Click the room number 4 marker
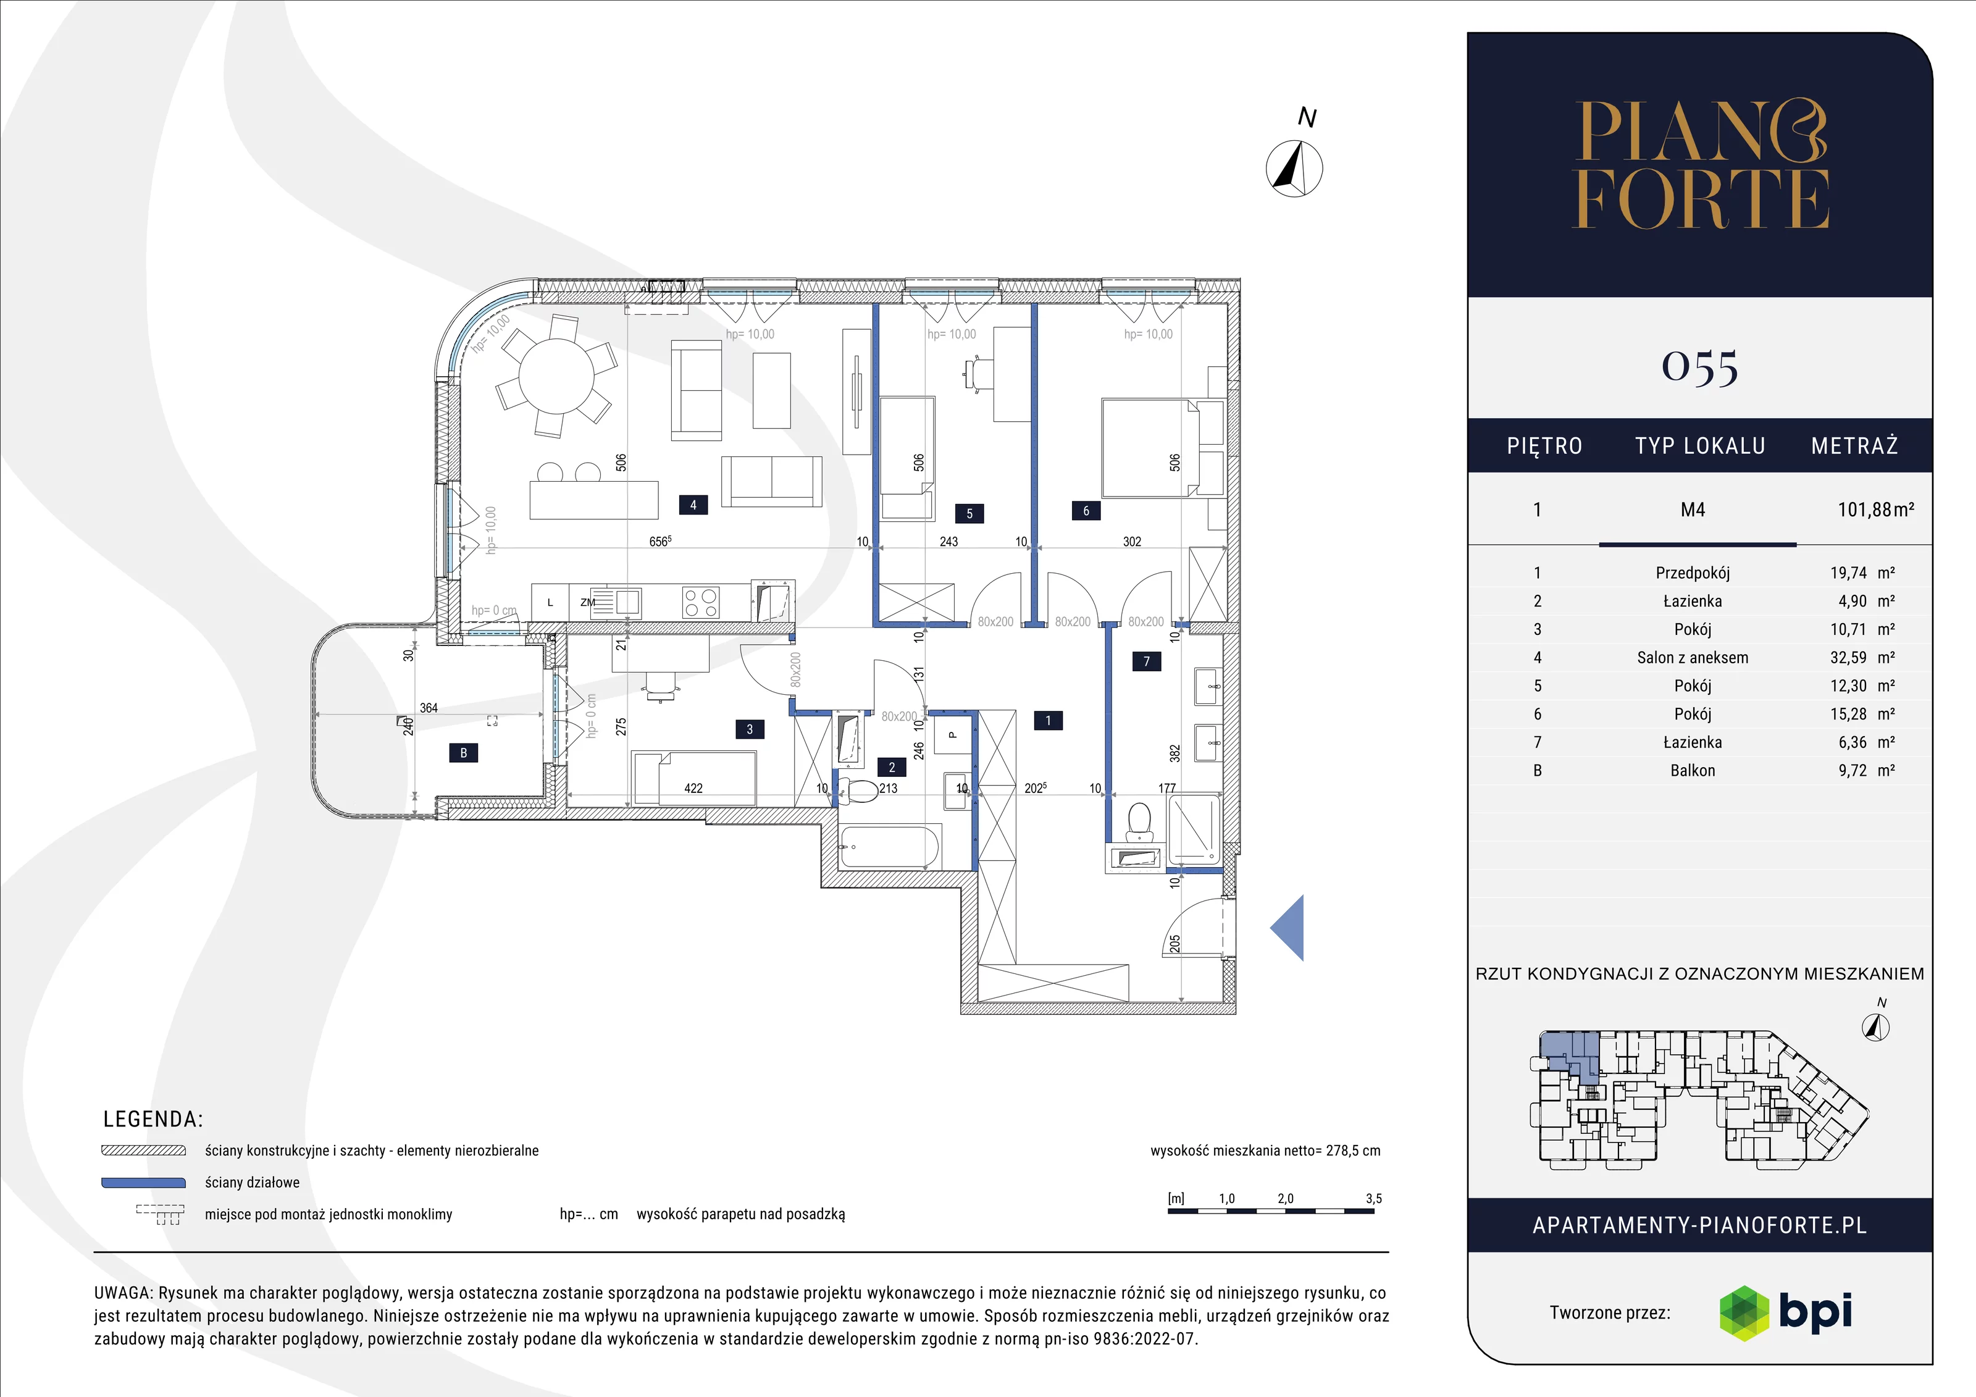pos(693,505)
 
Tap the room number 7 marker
pos(1146,661)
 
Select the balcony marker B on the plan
pos(463,753)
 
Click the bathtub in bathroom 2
pos(889,847)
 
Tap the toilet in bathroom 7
pos(1139,822)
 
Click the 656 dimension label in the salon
pos(660,542)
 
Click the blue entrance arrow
pos(1287,927)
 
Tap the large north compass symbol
pos(1294,168)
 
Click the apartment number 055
pos(1700,367)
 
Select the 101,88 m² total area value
pos(1876,510)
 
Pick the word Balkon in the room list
pos(1692,770)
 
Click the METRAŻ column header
pos(1854,446)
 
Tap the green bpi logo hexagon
pos(1744,1312)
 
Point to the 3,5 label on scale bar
pos(1373,1198)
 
